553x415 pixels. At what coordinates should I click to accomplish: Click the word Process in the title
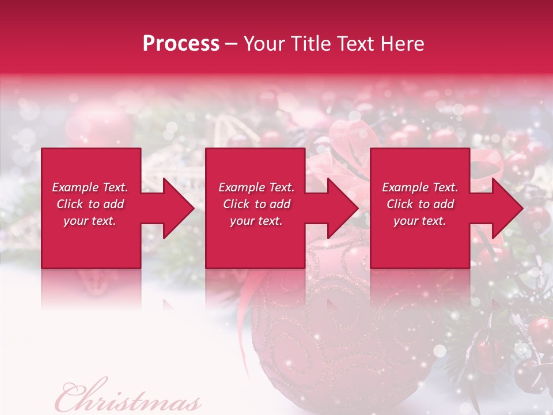click(x=181, y=44)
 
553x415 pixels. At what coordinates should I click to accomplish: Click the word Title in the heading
click(x=308, y=44)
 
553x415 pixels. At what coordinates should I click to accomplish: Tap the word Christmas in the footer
click(x=128, y=398)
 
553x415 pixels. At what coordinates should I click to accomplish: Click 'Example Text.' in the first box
click(x=90, y=187)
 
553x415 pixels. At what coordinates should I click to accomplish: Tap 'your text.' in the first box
click(x=90, y=221)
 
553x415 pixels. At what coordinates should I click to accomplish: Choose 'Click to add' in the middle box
click(x=256, y=204)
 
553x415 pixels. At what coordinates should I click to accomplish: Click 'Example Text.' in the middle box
click(x=256, y=187)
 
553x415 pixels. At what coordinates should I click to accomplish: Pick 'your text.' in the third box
click(x=420, y=221)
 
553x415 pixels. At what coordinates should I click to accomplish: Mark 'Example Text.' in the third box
click(x=420, y=187)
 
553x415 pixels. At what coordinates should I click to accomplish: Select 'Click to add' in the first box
click(x=90, y=204)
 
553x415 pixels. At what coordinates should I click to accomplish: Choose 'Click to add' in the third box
click(x=420, y=204)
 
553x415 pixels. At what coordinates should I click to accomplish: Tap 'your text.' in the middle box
click(x=256, y=221)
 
